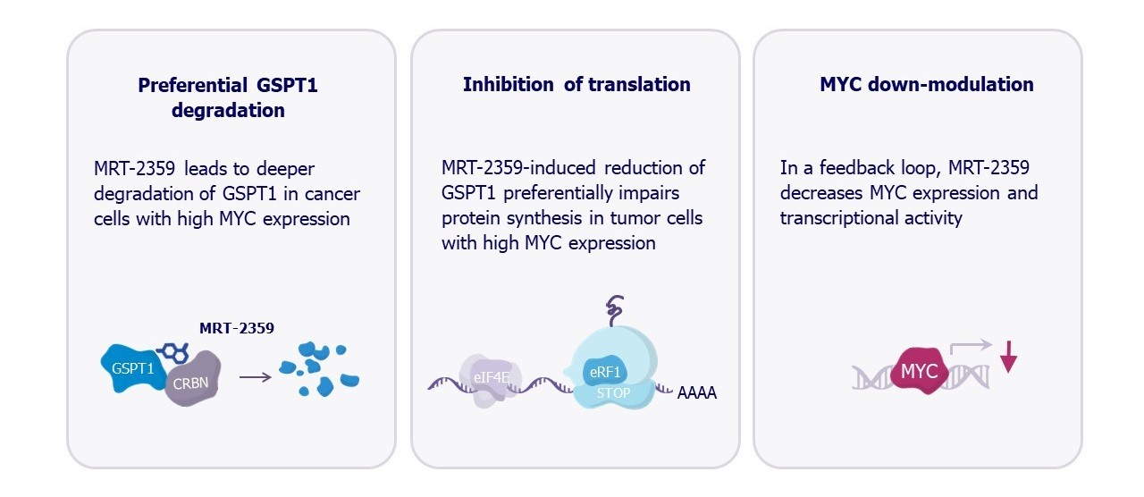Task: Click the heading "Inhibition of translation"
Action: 576,85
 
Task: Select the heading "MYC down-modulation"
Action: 927,85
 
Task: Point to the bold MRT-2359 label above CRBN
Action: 236,328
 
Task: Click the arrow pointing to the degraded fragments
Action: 255,377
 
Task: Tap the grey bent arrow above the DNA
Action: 971,347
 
